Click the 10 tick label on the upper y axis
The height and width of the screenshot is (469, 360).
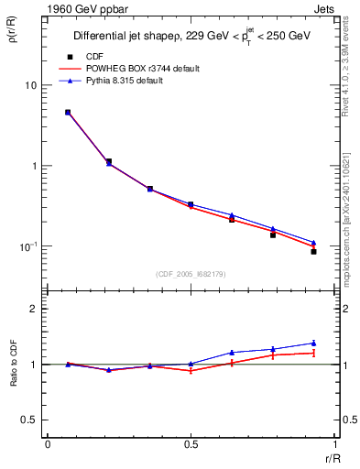pyautogui.click(x=30, y=85)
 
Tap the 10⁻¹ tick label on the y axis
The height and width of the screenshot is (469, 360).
pyautogui.click(x=27, y=246)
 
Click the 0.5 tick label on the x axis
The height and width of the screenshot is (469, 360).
pyautogui.click(x=191, y=443)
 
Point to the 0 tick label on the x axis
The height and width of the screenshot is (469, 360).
pyautogui.click(x=48, y=443)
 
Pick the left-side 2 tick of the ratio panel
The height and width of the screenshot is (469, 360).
pyautogui.click(x=33, y=309)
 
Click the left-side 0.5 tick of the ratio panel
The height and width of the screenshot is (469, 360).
pyautogui.click(x=27, y=420)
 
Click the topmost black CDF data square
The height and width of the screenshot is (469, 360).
pyautogui.click(x=68, y=113)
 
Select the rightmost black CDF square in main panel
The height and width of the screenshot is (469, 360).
pyautogui.click(x=313, y=251)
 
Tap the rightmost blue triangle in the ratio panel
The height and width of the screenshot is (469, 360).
pyautogui.click(x=313, y=343)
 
